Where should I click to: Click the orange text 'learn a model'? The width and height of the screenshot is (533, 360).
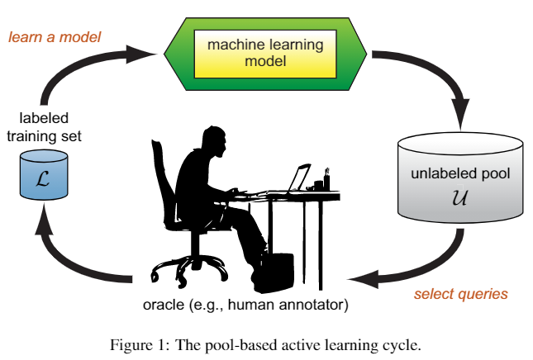point(54,36)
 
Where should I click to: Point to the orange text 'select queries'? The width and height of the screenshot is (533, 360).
point(460,293)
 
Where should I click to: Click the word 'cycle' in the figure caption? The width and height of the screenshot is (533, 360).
point(402,344)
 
